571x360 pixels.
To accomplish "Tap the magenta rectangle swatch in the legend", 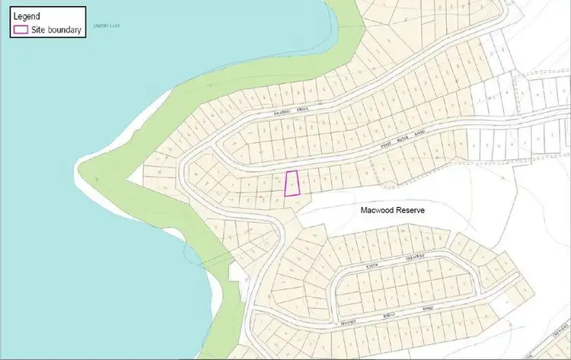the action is pyautogui.click(x=22, y=31).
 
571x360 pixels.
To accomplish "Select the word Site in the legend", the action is pyautogui.click(x=40, y=31).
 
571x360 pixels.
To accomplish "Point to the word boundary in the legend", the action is pyautogui.click(x=65, y=31).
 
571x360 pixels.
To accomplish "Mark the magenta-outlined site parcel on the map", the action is pyautogui.click(x=292, y=183).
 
